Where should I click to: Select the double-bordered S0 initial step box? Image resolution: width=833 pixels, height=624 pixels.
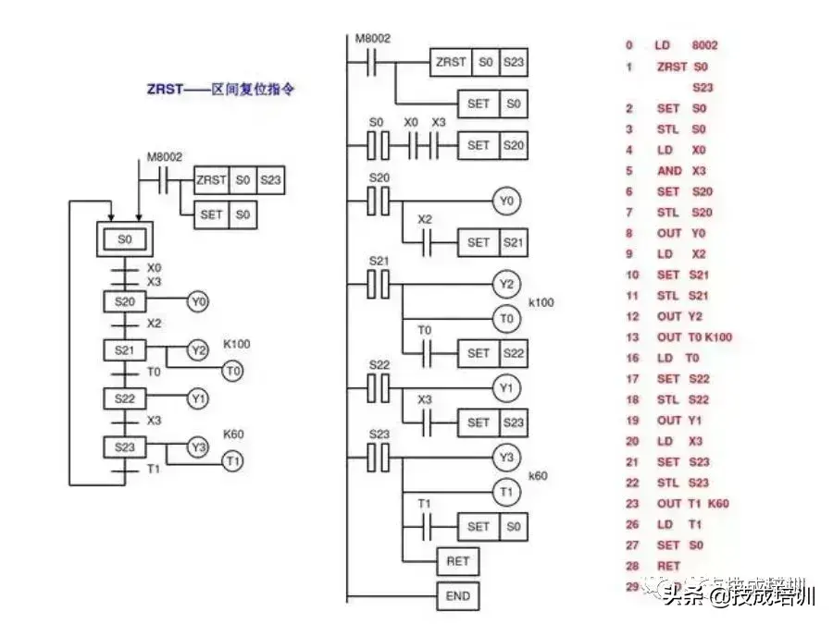click(x=125, y=239)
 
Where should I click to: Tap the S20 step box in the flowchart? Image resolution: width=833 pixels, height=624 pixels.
click(x=125, y=301)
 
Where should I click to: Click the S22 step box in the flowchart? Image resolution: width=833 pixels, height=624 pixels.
click(x=125, y=399)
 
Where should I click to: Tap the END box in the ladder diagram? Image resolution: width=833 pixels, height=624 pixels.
click(x=458, y=596)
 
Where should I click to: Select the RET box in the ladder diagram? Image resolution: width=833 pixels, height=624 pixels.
click(x=458, y=560)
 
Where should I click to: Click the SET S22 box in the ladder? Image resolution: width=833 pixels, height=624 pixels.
click(x=493, y=352)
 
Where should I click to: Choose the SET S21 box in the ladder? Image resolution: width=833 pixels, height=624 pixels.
click(x=493, y=243)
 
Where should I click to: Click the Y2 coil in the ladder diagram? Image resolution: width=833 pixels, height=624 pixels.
click(x=505, y=284)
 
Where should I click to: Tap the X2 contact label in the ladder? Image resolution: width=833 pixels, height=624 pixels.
click(x=424, y=220)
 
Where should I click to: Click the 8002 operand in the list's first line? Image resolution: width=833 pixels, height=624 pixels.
click(x=704, y=45)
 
